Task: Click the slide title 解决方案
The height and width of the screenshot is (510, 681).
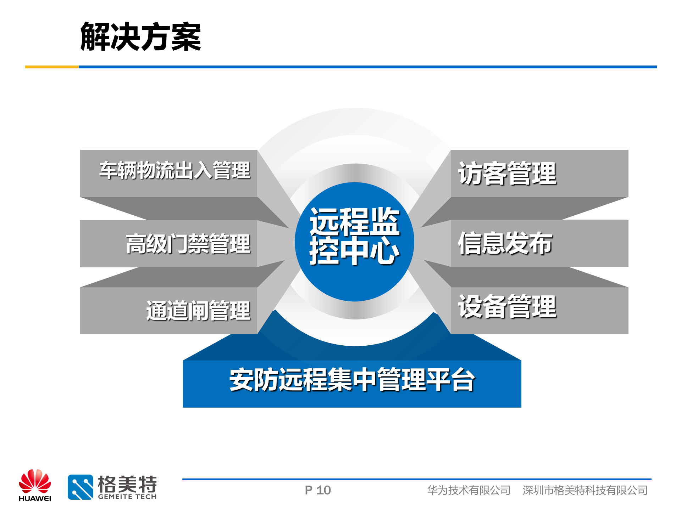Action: pyautogui.click(x=140, y=37)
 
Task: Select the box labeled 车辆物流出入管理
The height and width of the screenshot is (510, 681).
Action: pyautogui.click(x=175, y=171)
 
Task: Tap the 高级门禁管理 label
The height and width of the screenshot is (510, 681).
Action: pyautogui.click(x=188, y=244)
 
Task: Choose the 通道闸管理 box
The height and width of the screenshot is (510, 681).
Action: pyautogui.click(x=198, y=311)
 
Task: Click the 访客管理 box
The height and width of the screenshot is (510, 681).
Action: pyautogui.click(x=507, y=174)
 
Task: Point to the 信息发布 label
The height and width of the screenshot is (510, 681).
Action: pyautogui.click(x=505, y=243)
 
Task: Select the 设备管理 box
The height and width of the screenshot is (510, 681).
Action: pyautogui.click(x=507, y=307)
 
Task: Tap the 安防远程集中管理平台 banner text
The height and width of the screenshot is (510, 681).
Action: pyautogui.click(x=352, y=380)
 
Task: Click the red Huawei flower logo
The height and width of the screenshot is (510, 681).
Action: pyautogui.click(x=35, y=481)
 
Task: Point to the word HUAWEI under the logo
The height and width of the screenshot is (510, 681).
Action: pyautogui.click(x=35, y=499)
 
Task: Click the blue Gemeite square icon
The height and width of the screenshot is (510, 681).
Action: pyautogui.click(x=81, y=487)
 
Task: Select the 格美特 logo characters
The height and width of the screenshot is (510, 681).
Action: pyautogui.click(x=127, y=484)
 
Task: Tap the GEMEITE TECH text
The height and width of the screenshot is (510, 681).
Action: pyautogui.click(x=127, y=497)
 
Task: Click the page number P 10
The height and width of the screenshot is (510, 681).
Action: pyautogui.click(x=318, y=490)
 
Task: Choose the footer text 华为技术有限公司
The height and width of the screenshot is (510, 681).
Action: pyautogui.click(x=469, y=490)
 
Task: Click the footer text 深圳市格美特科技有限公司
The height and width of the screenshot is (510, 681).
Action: pyautogui.click(x=585, y=490)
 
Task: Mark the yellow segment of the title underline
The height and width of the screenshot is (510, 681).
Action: pyautogui.click(x=52, y=67)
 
